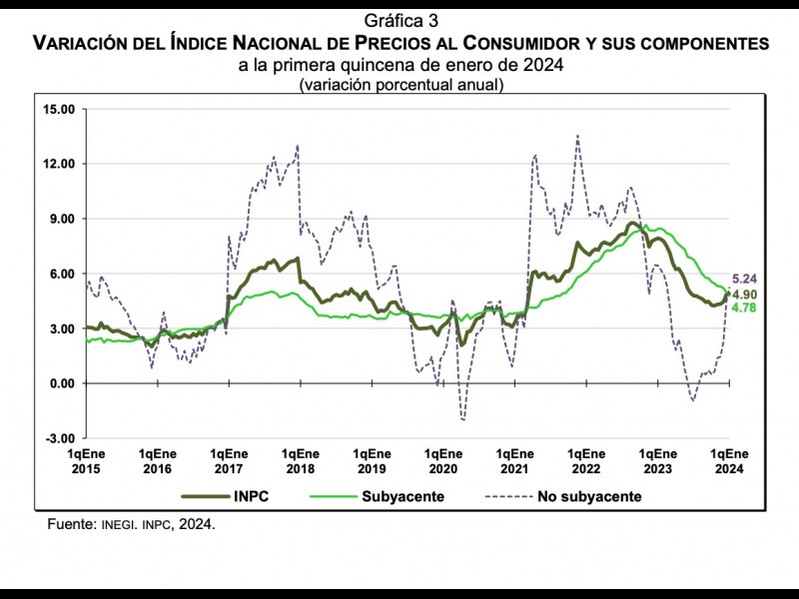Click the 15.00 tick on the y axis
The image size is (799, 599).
pyautogui.click(x=59, y=109)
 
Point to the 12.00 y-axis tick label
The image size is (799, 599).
pyautogui.click(x=59, y=164)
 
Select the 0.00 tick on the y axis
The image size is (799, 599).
pyautogui.click(x=62, y=383)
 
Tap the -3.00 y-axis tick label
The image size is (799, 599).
pyautogui.click(x=60, y=438)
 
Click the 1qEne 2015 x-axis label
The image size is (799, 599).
pyautogui.click(x=85, y=461)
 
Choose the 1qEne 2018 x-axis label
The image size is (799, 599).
pyautogui.click(x=300, y=461)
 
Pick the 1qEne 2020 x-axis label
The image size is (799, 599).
pyautogui.click(x=442, y=461)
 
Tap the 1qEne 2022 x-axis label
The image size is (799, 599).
pyautogui.click(x=585, y=461)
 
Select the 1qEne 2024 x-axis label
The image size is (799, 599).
pyautogui.click(x=729, y=461)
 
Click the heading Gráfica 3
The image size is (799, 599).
pyautogui.click(x=399, y=20)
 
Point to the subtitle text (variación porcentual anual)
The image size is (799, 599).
pyautogui.click(x=399, y=85)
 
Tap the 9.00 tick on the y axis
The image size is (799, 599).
pyautogui.click(x=62, y=219)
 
